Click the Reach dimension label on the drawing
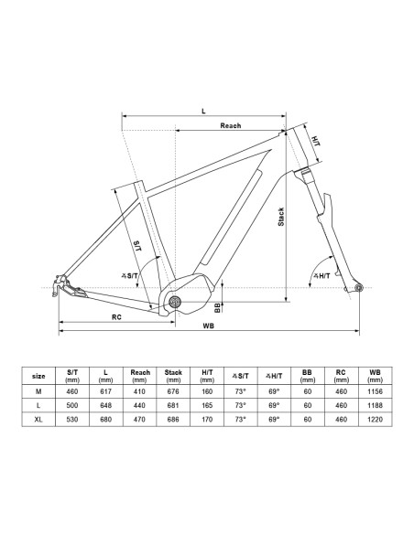pyautogui.click(x=231, y=125)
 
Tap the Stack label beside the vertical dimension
pyautogui.click(x=280, y=217)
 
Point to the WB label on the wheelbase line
pyautogui.click(x=208, y=326)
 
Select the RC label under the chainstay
pyautogui.click(x=116, y=317)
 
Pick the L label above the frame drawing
pyautogui.click(x=203, y=111)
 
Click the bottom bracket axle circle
pyautogui.click(x=175, y=302)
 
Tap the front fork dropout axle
pyautogui.click(x=358, y=288)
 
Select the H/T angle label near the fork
pyautogui.click(x=321, y=275)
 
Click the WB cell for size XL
pyautogui.click(x=375, y=419)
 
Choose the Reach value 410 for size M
pyautogui.click(x=139, y=391)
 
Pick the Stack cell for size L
pyautogui.click(x=173, y=405)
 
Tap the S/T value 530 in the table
pyautogui.click(x=72, y=419)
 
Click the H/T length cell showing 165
pyautogui.click(x=207, y=405)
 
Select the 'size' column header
pyautogui.click(x=38, y=377)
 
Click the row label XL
pyautogui.click(x=38, y=419)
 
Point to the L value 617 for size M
pyautogui.click(x=105, y=391)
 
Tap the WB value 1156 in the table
pyautogui.click(x=375, y=391)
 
